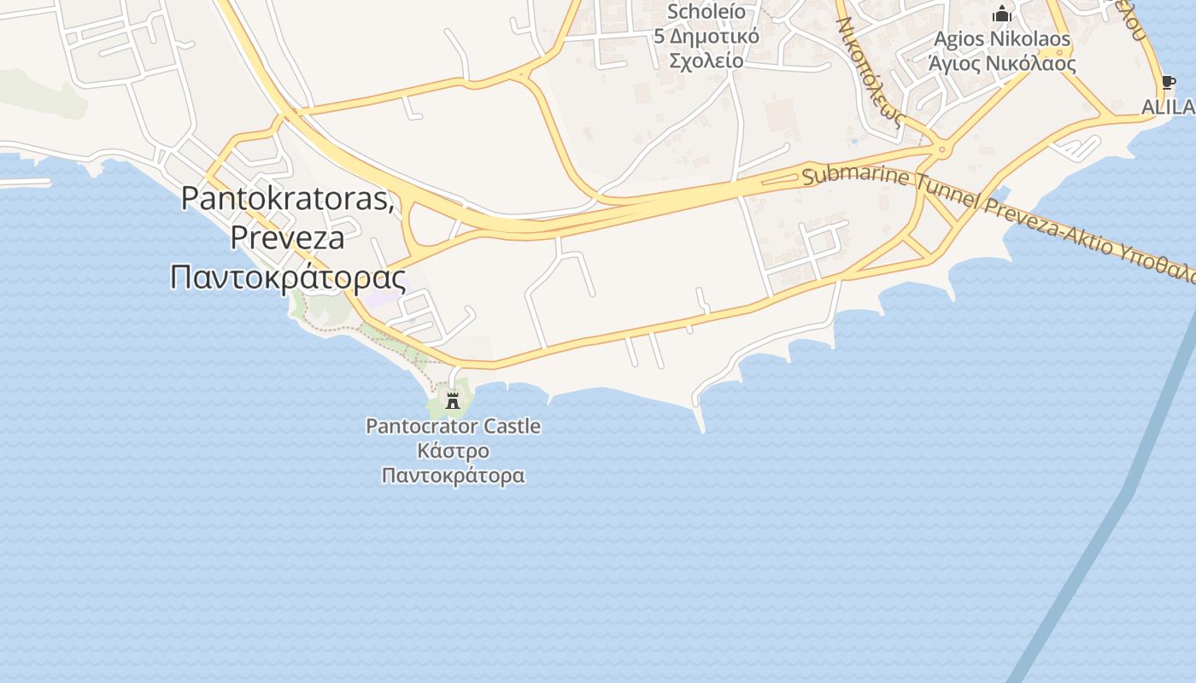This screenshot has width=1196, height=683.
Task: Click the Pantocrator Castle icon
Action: (453, 399)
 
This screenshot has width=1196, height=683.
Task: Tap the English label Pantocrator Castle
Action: (453, 425)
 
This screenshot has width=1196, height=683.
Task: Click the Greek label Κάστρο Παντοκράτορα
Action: (453, 463)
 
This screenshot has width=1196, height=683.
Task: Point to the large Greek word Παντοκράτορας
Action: (287, 277)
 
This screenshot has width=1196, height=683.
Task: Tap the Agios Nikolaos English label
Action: (1002, 39)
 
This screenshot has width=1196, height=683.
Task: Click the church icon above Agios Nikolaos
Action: (1002, 14)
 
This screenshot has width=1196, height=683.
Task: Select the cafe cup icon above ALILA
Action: (1168, 83)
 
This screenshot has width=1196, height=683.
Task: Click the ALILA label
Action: (1169, 107)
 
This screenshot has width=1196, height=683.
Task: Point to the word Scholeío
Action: (706, 12)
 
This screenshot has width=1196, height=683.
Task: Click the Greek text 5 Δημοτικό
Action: (706, 36)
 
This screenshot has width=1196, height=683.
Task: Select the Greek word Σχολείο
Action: (706, 60)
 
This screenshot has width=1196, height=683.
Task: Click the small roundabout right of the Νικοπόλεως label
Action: (942, 149)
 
